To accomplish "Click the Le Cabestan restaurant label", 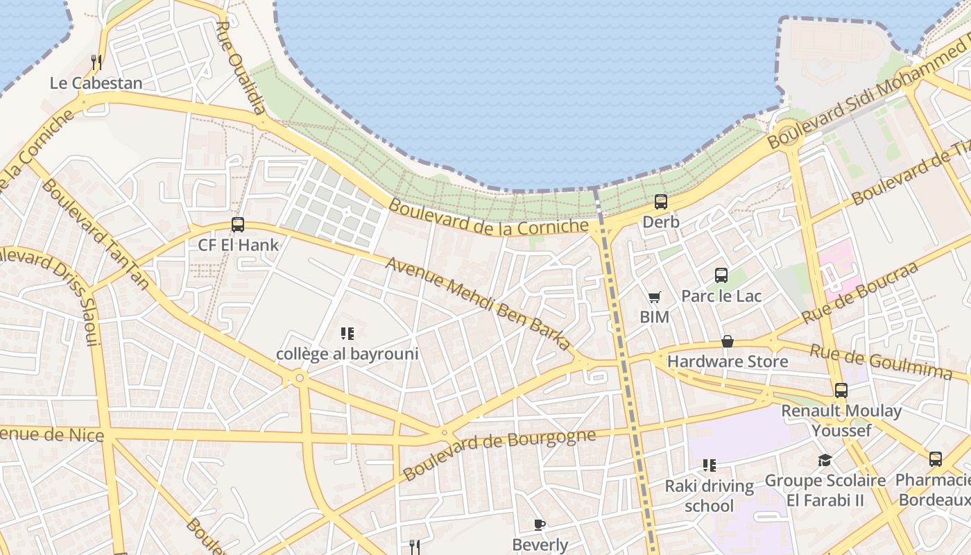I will coord(96,83).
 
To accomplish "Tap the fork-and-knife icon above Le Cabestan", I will coord(96,62).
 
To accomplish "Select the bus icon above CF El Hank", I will coord(238,225).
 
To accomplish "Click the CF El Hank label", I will coord(238,245).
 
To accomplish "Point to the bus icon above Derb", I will coord(661,202).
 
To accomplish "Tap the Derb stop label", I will coord(660,222).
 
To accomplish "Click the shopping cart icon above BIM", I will coord(654,298).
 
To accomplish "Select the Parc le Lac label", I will coord(721,296).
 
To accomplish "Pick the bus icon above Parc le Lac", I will coord(721,275).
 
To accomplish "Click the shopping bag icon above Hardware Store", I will coord(728,341).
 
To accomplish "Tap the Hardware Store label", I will coord(728,361).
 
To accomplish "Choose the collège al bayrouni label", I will coord(347,354).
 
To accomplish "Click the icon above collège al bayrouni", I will coord(347,334).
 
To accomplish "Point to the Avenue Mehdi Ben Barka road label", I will coord(479,303).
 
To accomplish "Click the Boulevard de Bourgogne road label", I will coord(499,454).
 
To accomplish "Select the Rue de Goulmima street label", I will coord(881,362).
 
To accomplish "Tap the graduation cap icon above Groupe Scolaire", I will coord(825,461).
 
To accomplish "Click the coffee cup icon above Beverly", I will coord(540,524).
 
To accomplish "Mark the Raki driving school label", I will coord(709,495).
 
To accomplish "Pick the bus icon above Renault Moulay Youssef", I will coord(841,391).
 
